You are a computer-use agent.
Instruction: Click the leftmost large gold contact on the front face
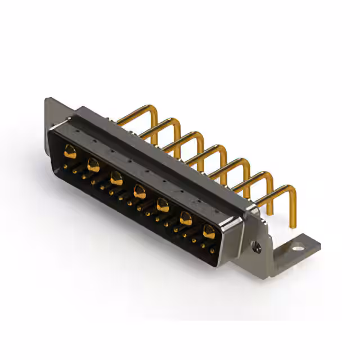click(x=70, y=151)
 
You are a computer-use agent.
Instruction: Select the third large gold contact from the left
click(x=116, y=178)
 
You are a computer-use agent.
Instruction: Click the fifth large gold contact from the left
click(x=163, y=205)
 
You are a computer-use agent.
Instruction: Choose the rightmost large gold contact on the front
click(x=209, y=231)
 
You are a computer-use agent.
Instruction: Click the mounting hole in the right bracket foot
click(x=296, y=245)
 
